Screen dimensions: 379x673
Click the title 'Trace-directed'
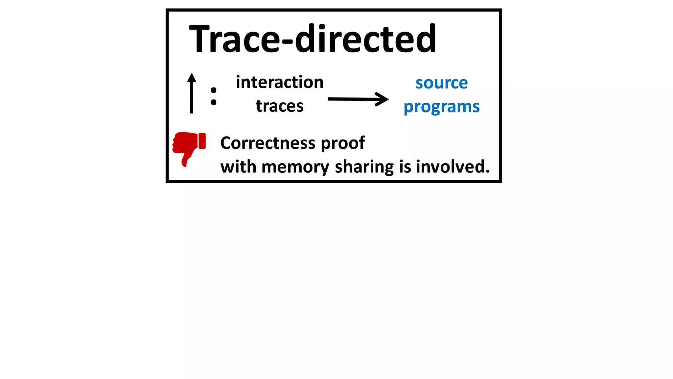tap(313, 39)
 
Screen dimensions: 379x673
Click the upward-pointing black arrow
tap(192, 93)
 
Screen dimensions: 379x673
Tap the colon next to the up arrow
tap(214, 96)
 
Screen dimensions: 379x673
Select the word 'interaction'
tap(280, 82)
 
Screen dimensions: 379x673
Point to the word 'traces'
tap(280, 106)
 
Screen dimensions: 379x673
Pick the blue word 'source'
tap(441, 83)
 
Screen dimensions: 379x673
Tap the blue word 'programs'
tap(441, 107)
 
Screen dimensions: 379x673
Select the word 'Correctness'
tap(268, 143)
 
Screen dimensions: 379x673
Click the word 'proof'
tap(343, 143)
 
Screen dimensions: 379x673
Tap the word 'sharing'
tap(364, 167)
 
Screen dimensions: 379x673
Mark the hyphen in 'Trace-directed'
tap(287, 41)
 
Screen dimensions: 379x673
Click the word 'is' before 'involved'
tap(405, 167)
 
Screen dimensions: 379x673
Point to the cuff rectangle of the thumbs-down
tap(202, 141)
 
